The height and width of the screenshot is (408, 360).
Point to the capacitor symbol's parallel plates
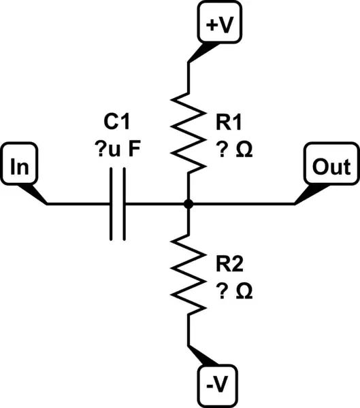[117, 203]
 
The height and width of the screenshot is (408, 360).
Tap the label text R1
[227, 122]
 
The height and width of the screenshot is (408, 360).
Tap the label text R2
[227, 264]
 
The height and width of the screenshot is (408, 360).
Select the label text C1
[116, 122]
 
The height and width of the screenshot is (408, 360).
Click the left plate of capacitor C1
[112, 203]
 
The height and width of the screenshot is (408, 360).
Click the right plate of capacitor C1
[123, 203]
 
